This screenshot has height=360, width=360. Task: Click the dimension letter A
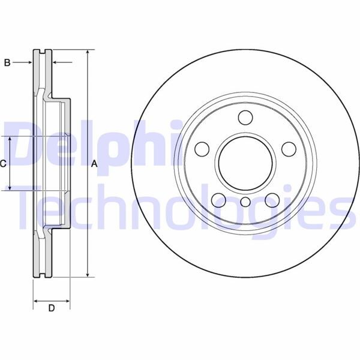94,163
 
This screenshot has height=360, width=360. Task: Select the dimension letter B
8,62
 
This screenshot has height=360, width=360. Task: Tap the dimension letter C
4,163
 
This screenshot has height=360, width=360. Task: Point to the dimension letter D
52,308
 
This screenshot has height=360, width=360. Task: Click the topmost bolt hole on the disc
245,117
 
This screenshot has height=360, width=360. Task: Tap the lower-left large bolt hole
218,199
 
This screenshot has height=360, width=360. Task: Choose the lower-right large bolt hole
272,199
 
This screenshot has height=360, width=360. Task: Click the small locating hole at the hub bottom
245,202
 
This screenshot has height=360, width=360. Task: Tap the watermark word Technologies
180,207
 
